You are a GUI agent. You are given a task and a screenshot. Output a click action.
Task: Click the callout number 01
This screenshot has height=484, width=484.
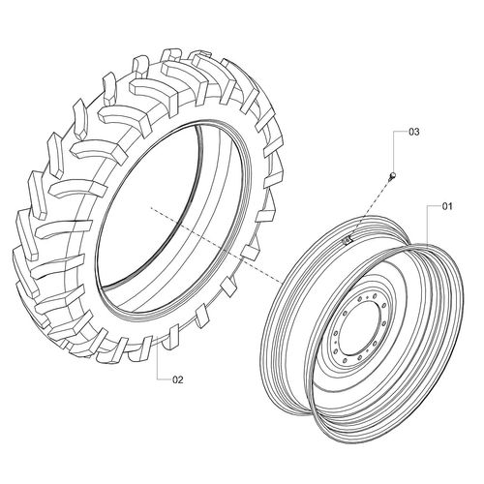(x=446, y=206)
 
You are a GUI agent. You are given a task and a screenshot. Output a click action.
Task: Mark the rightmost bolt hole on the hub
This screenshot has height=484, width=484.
(x=385, y=329)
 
